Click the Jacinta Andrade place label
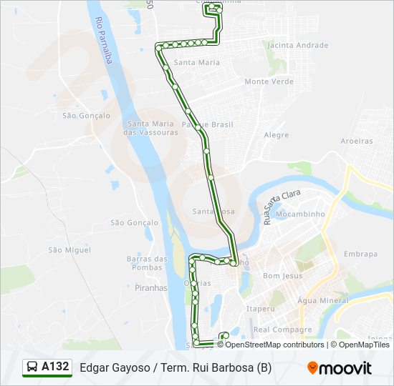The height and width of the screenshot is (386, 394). [x=297, y=45]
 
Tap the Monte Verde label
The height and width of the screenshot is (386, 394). [x=269, y=81]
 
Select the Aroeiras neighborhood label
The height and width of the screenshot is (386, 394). [x=357, y=141]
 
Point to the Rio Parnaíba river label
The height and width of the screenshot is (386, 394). [x=104, y=41]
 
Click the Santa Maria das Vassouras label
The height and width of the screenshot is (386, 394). [x=150, y=128]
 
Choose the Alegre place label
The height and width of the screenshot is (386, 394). [x=277, y=135]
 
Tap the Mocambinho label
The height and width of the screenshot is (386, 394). [x=301, y=214]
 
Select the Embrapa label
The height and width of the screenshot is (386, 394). [x=360, y=254]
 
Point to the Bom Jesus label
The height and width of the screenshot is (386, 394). [x=283, y=275]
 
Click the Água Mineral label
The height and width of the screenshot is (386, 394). [x=322, y=301]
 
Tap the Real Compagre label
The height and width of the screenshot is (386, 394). [x=283, y=330]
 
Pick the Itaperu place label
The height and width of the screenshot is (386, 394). [x=261, y=309]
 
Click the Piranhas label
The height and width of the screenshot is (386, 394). [x=150, y=288]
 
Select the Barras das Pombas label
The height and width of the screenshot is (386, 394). [x=147, y=262]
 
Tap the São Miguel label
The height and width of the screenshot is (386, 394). [x=64, y=249]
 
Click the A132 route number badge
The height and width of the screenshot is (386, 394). [x=48, y=367]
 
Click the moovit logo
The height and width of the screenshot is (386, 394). [x=340, y=368]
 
